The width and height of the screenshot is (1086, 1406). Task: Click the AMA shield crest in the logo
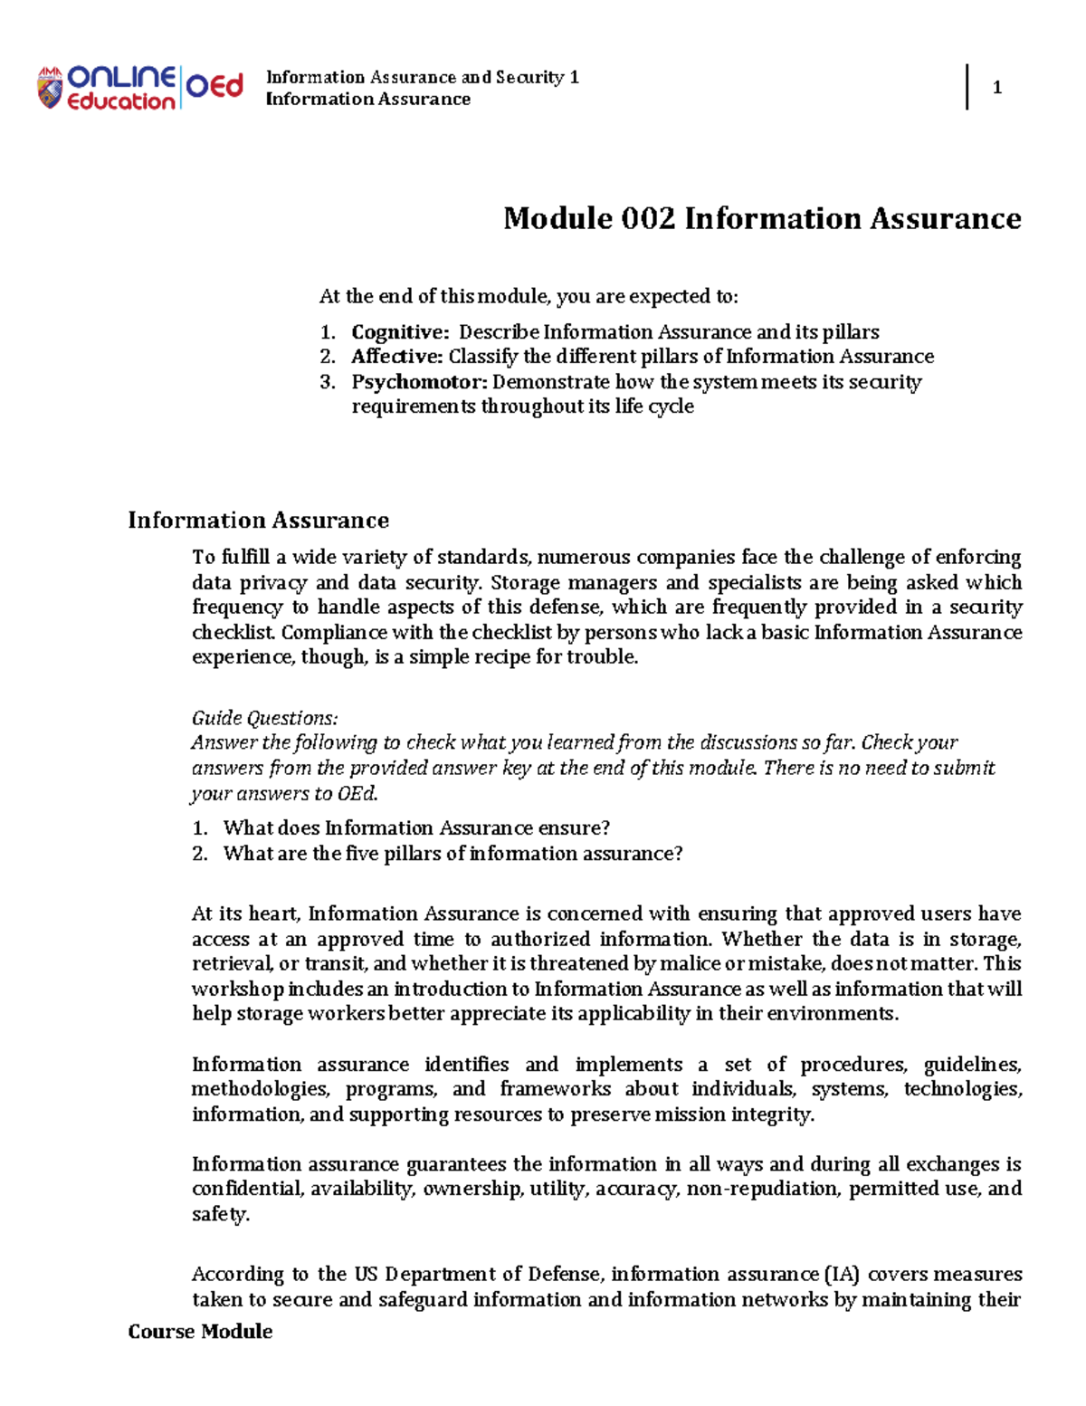click(50, 88)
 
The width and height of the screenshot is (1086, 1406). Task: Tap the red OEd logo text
click(214, 86)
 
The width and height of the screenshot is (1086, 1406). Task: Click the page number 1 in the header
click(996, 88)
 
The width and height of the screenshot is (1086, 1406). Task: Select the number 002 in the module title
click(648, 218)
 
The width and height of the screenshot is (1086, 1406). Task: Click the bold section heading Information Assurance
click(258, 521)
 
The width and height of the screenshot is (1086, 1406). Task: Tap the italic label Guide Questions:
click(264, 718)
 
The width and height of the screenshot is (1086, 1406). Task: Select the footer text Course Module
click(200, 1332)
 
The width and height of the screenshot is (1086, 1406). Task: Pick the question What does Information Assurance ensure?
click(416, 828)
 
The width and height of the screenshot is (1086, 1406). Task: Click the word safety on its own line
click(220, 1214)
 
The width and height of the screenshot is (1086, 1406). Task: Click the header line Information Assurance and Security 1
click(422, 77)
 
